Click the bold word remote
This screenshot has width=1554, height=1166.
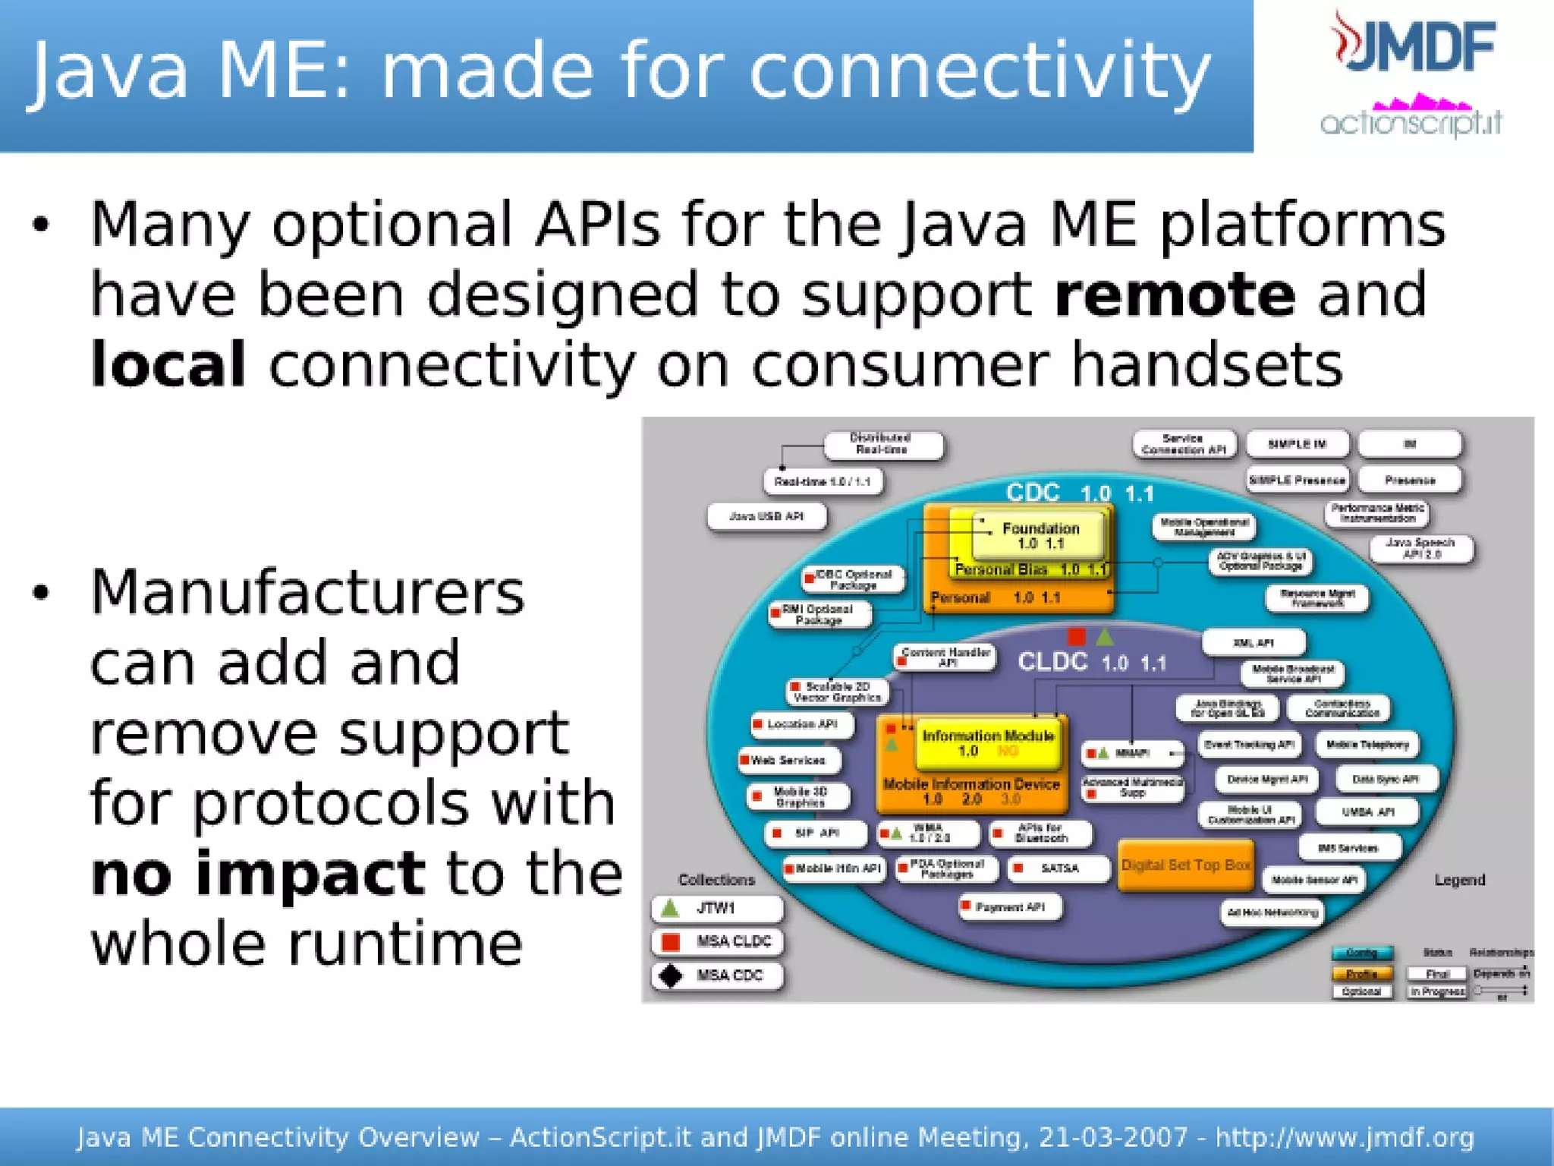pos(1174,295)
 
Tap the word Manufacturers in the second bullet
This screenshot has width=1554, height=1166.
pos(307,592)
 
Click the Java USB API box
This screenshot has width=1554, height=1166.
pos(766,516)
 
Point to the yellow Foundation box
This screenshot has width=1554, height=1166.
pos(1040,535)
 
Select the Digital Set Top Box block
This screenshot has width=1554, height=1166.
pos(1185,865)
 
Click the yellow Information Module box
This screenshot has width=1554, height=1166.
pos(987,742)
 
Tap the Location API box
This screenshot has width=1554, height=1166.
pos(801,724)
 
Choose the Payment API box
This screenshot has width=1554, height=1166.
pos(1010,906)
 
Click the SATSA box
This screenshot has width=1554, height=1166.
pos(1059,868)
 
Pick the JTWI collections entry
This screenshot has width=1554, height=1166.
pos(716,908)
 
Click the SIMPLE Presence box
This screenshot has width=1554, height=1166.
pos(1297,480)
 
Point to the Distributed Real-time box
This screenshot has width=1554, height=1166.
pos(882,444)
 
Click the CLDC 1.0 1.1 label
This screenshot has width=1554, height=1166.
pos(1091,662)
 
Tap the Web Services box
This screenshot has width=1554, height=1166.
pos(789,760)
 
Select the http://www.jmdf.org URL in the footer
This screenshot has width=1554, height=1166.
pos(1344,1137)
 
